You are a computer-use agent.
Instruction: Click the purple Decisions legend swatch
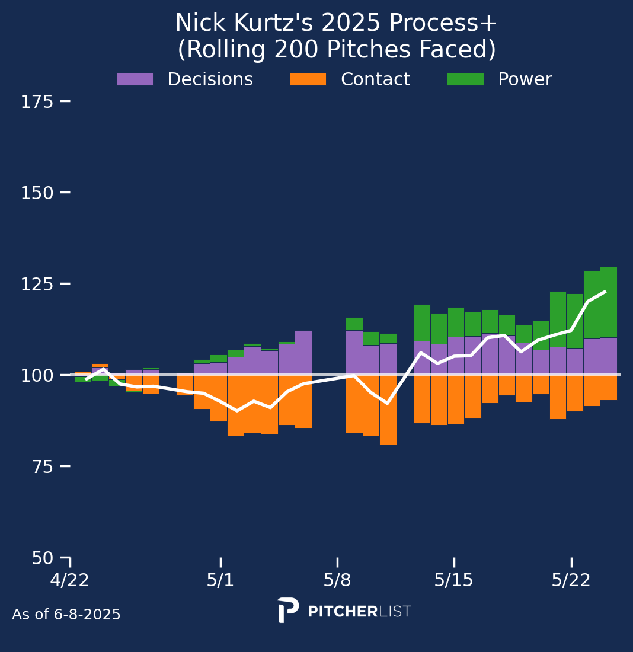(x=135, y=79)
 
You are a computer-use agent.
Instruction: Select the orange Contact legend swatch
(x=308, y=79)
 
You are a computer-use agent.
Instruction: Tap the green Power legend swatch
(x=465, y=79)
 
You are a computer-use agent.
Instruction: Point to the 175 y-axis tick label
(x=37, y=102)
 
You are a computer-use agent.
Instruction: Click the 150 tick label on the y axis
(x=37, y=193)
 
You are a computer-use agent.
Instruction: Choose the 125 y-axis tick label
(x=37, y=285)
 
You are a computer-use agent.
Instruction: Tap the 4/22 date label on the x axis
(x=70, y=580)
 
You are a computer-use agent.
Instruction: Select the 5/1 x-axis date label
(x=220, y=580)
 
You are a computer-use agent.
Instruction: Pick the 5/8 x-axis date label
(x=337, y=580)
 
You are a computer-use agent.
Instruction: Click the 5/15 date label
(x=454, y=580)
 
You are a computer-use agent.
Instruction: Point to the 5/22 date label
(x=571, y=580)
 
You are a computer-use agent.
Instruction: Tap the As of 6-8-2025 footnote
(x=66, y=615)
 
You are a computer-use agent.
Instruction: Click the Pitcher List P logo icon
(x=287, y=610)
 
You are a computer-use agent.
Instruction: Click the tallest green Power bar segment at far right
(x=609, y=302)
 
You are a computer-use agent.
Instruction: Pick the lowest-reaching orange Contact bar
(x=388, y=409)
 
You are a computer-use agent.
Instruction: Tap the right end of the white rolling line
(x=605, y=292)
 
